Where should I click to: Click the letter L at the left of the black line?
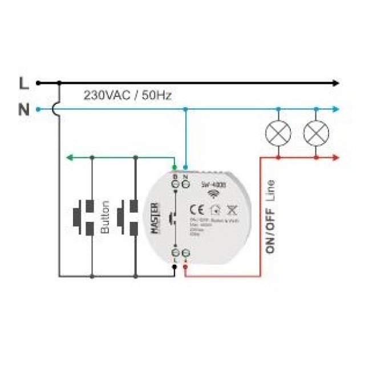(x=23, y=83)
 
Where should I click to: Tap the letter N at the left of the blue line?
(x=23, y=109)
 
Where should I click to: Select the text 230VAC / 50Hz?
(x=127, y=95)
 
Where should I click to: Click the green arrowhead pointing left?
(x=69, y=156)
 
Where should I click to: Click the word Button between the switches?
(x=105, y=217)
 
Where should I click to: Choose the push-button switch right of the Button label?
(x=128, y=217)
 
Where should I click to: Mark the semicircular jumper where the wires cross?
(x=57, y=108)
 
